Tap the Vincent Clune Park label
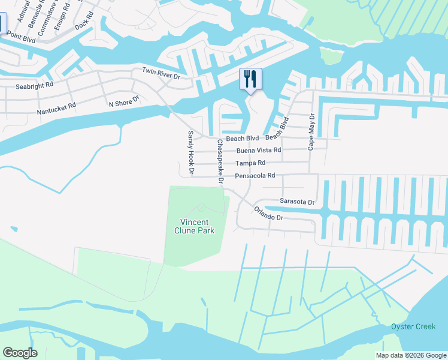click(x=194, y=226)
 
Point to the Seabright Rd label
click(x=34, y=85)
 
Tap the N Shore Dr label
click(x=123, y=103)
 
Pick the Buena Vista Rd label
click(x=259, y=150)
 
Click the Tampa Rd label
click(x=250, y=163)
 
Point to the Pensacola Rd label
click(x=255, y=176)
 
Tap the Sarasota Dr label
click(x=297, y=202)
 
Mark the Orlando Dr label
click(x=268, y=213)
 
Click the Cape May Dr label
click(x=311, y=131)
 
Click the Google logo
click(x=20, y=352)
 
